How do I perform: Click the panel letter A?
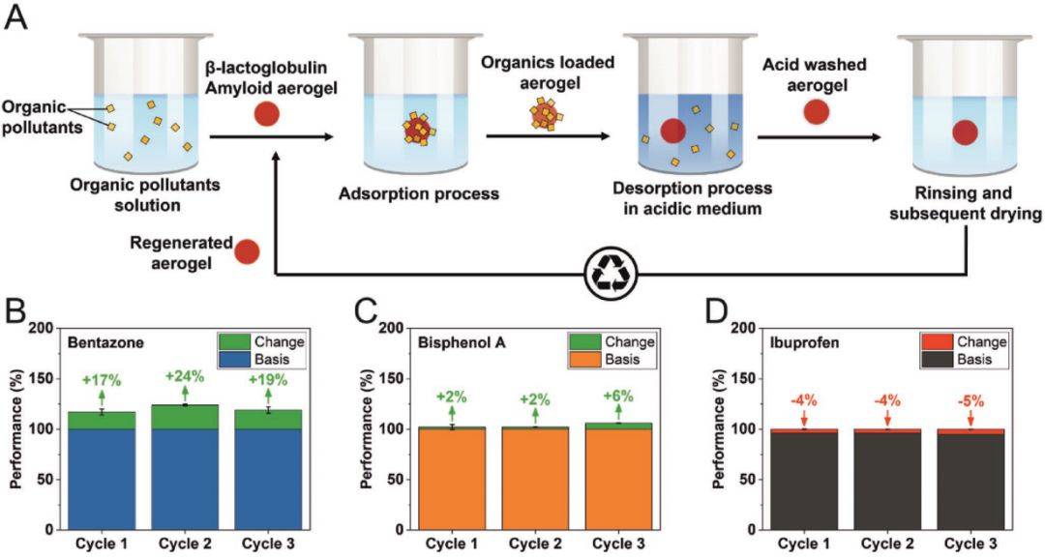[16, 18]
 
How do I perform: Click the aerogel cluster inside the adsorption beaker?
[419, 128]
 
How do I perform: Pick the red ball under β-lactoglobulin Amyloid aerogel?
[268, 116]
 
